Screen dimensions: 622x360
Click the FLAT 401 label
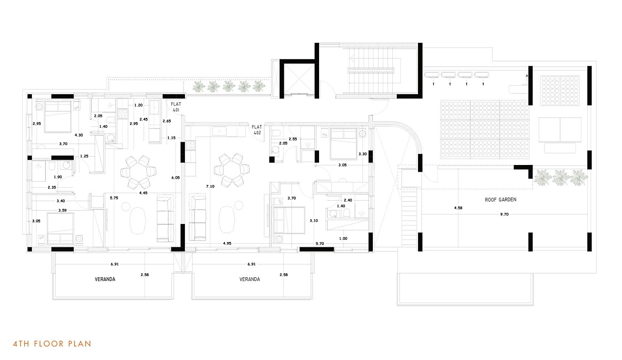click(x=176, y=107)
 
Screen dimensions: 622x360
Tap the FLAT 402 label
click(x=257, y=130)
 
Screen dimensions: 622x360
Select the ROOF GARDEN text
click(x=501, y=199)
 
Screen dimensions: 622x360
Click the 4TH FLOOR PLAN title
click(x=52, y=344)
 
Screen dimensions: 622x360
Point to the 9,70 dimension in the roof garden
click(x=504, y=214)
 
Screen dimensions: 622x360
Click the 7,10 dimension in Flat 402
click(x=210, y=186)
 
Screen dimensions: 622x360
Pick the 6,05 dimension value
click(x=175, y=177)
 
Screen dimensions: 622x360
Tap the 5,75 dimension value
click(x=114, y=198)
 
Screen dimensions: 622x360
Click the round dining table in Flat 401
click(x=138, y=172)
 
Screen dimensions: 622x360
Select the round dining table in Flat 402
click(x=232, y=170)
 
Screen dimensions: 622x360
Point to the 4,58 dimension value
click(x=458, y=208)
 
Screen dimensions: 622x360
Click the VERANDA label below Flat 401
click(x=105, y=279)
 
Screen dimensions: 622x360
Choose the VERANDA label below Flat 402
click(x=250, y=279)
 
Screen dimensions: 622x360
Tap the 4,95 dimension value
click(x=227, y=243)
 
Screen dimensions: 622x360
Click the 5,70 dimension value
click(x=320, y=243)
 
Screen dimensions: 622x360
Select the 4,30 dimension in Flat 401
click(x=78, y=135)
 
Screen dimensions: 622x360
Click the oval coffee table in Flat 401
click(x=137, y=221)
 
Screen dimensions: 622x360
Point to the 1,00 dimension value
click(x=343, y=238)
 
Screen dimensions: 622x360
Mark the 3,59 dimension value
click(x=62, y=210)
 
